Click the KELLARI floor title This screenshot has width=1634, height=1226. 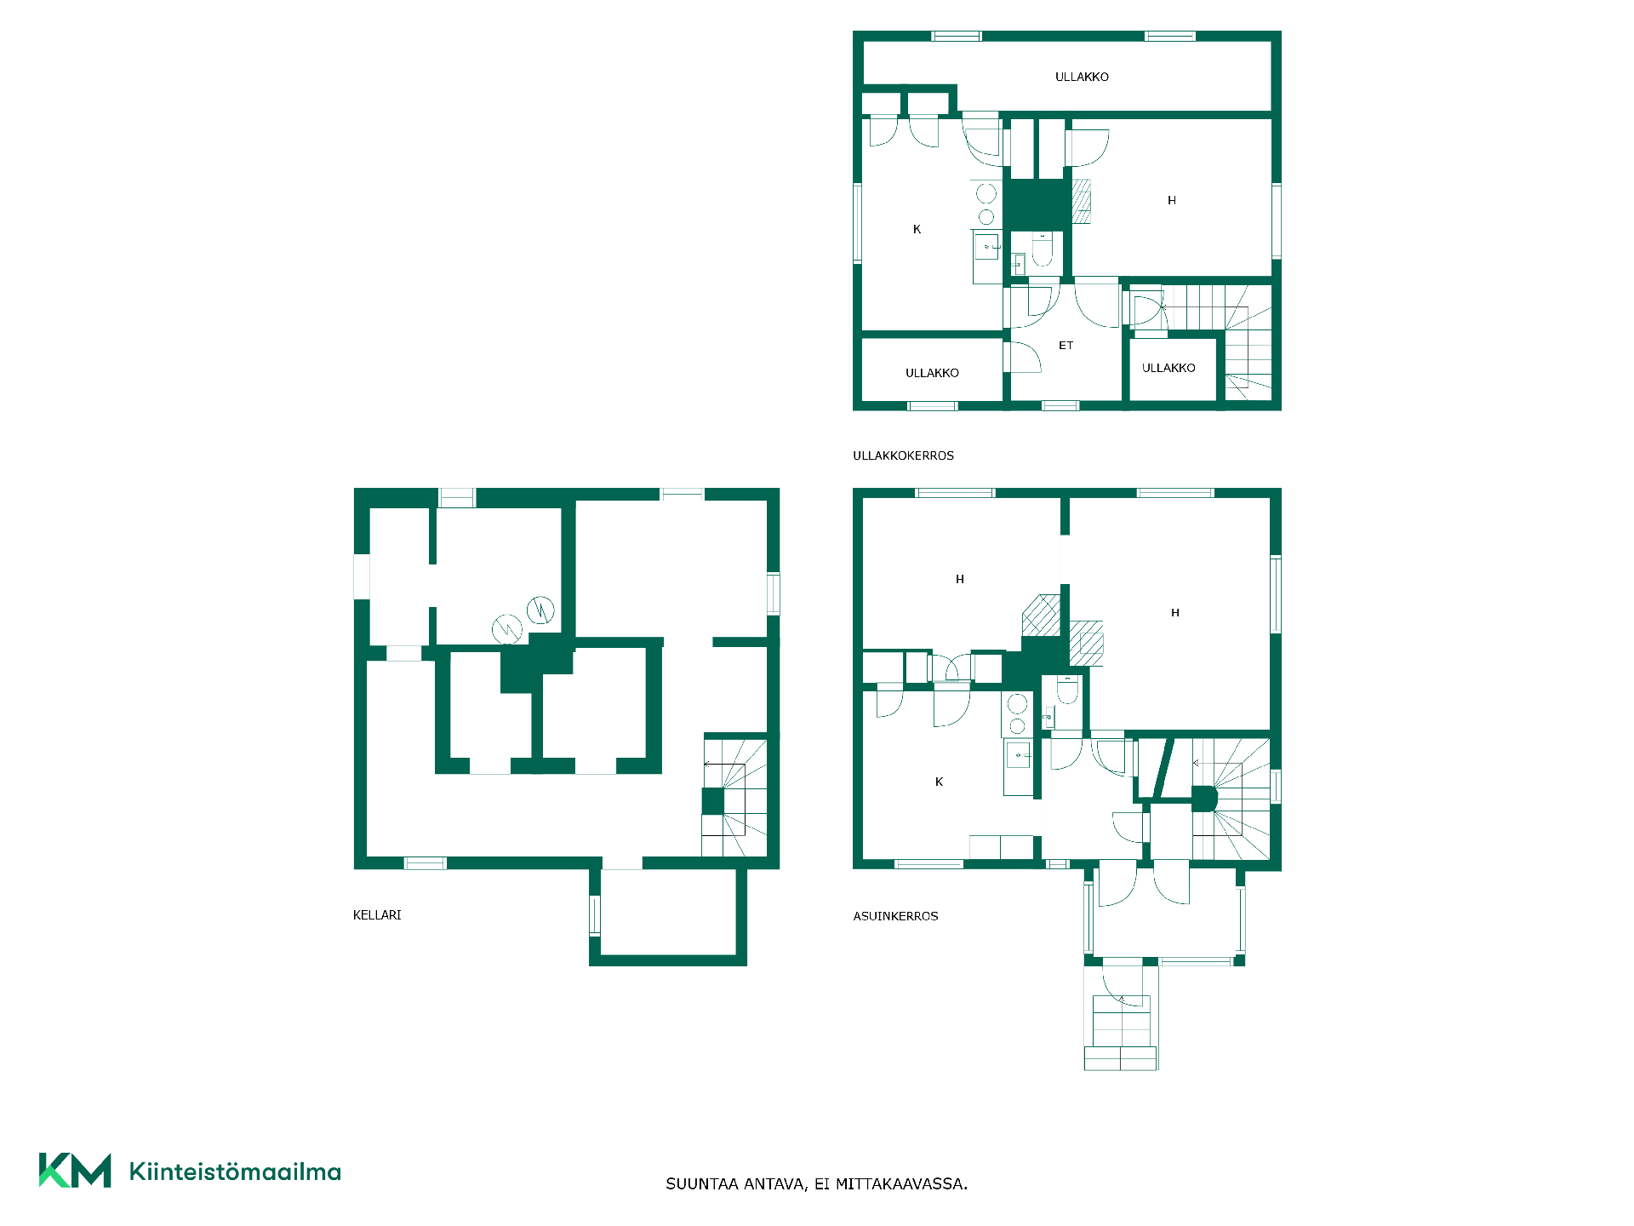pyautogui.click(x=377, y=915)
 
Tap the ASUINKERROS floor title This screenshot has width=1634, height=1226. pyautogui.click(x=895, y=916)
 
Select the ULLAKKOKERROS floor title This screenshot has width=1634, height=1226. pyautogui.click(x=903, y=455)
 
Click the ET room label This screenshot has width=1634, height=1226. pyautogui.click(x=1066, y=346)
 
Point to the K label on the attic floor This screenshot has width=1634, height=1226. pyautogui.click(x=917, y=229)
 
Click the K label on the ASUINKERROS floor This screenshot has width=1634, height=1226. pyautogui.click(x=939, y=782)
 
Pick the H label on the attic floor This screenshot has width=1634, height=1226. pyautogui.click(x=1172, y=200)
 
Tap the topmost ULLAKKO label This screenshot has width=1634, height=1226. pyautogui.click(x=1082, y=77)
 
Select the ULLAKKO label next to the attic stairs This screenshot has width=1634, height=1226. pyautogui.click(x=1168, y=368)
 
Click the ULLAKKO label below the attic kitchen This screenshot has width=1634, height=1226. pyautogui.click(x=932, y=373)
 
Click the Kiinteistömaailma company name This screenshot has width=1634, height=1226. pyautogui.click(x=235, y=1172)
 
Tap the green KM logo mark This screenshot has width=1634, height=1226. pyautogui.click(x=75, y=1171)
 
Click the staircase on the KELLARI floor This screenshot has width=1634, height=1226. pyautogui.click(x=734, y=797)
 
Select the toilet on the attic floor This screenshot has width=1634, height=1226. pyautogui.click(x=1043, y=249)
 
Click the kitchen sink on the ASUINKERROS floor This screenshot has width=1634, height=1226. pyautogui.click(x=1018, y=755)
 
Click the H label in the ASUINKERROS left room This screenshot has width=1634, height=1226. pyautogui.click(x=960, y=579)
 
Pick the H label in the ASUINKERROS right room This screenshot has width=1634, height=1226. pyautogui.click(x=1175, y=612)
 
